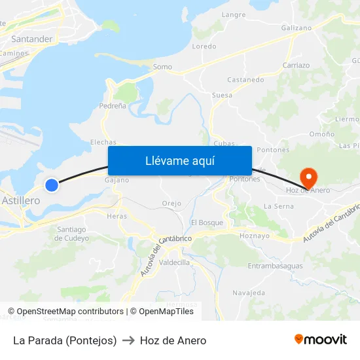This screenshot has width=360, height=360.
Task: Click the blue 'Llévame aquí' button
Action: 179,160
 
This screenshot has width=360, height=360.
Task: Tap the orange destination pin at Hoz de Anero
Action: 308,176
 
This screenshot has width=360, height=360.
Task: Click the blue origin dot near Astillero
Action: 52,185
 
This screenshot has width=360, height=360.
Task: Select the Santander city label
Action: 31,39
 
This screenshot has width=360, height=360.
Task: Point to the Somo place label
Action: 162,67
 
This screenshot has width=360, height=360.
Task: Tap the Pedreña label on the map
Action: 113,105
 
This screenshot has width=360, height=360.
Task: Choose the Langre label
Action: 234,14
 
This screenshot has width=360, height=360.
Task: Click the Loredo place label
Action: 204,46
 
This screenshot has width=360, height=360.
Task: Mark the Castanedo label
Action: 245,80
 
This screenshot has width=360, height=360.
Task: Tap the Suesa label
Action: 222,95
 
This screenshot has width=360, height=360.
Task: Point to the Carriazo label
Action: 296,65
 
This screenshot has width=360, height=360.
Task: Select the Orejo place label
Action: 171,204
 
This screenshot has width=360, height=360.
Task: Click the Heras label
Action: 117,216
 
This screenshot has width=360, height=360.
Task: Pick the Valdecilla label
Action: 174,262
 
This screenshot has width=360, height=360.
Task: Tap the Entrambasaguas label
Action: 275,266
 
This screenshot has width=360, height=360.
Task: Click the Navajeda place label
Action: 248,293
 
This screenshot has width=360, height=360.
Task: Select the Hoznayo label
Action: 255,236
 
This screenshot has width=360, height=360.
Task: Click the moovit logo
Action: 321,339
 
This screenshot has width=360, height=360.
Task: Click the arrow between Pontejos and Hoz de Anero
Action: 128,340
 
